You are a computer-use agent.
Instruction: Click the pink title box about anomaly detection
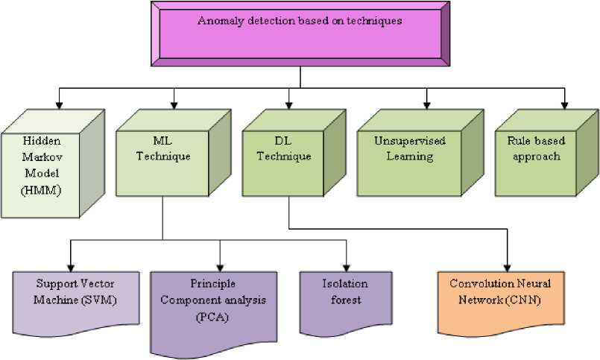tap(300, 34)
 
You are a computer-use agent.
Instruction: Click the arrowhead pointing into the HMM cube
tap(57, 103)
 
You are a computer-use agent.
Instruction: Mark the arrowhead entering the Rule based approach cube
tap(564, 103)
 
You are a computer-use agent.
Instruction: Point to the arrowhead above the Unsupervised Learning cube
tap(427, 103)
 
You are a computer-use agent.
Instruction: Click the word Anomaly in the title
tap(217, 21)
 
